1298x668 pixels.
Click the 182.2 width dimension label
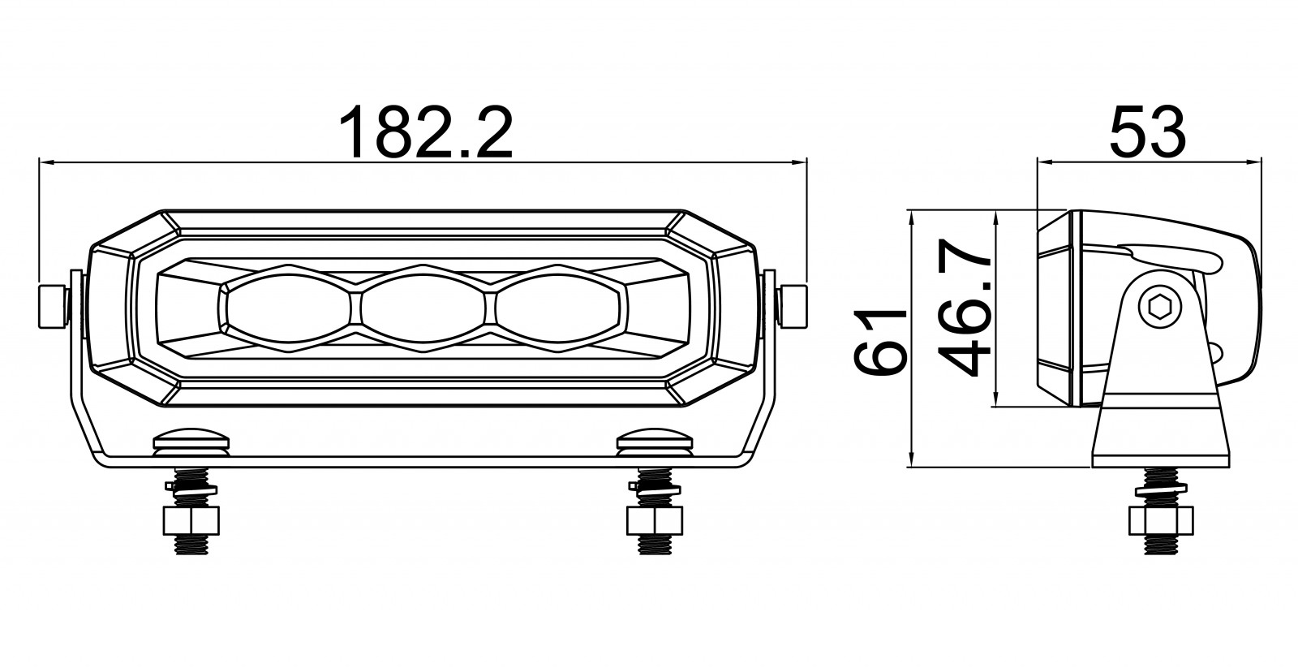pyautogui.click(x=426, y=132)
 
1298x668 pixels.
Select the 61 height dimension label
pyautogui.click(x=879, y=343)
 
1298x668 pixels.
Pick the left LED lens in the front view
pyautogui.click(x=288, y=308)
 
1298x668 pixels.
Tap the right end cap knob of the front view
pyautogui.click(x=792, y=307)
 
